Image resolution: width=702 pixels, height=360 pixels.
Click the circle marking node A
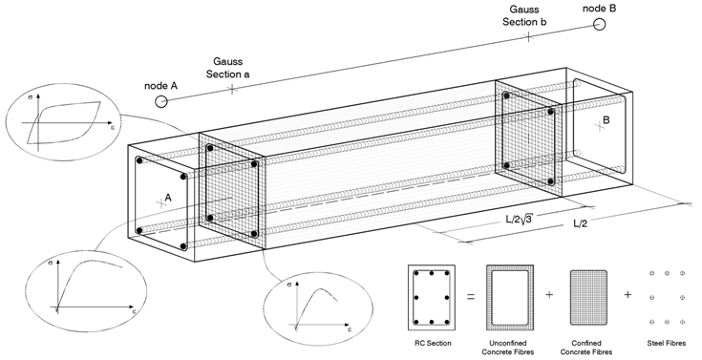(x=161, y=101)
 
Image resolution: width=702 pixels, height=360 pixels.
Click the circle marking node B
(x=600, y=24)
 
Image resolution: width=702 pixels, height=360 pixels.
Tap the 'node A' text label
(x=160, y=86)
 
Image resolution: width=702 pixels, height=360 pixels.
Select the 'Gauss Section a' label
(x=228, y=68)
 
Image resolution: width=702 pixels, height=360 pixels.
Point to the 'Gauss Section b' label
(x=524, y=15)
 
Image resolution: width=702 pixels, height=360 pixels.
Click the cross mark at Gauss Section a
(x=232, y=90)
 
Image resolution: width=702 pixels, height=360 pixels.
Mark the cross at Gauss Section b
(x=529, y=36)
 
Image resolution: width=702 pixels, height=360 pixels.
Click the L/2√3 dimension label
(x=520, y=219)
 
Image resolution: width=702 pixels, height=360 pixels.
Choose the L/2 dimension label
(x=581, y=223)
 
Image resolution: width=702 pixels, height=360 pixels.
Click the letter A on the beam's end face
(x=168, y=197)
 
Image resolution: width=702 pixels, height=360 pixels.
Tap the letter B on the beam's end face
(x=606, y=120)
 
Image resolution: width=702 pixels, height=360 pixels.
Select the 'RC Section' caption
(x=433, y=344)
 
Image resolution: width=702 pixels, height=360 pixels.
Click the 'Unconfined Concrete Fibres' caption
(x=508, y=348)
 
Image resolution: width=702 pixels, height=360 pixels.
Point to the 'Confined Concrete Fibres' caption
(x=586, y=348)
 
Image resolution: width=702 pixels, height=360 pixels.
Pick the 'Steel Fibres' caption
(x=667, y=344)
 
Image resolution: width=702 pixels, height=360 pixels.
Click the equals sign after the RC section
(x=471, y=296)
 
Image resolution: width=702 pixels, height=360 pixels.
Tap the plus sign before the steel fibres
(x=628, y=295)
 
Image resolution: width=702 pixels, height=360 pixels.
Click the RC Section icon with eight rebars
(x=432, y=297)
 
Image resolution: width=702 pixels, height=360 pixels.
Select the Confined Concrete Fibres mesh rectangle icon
(x=588, y=297)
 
